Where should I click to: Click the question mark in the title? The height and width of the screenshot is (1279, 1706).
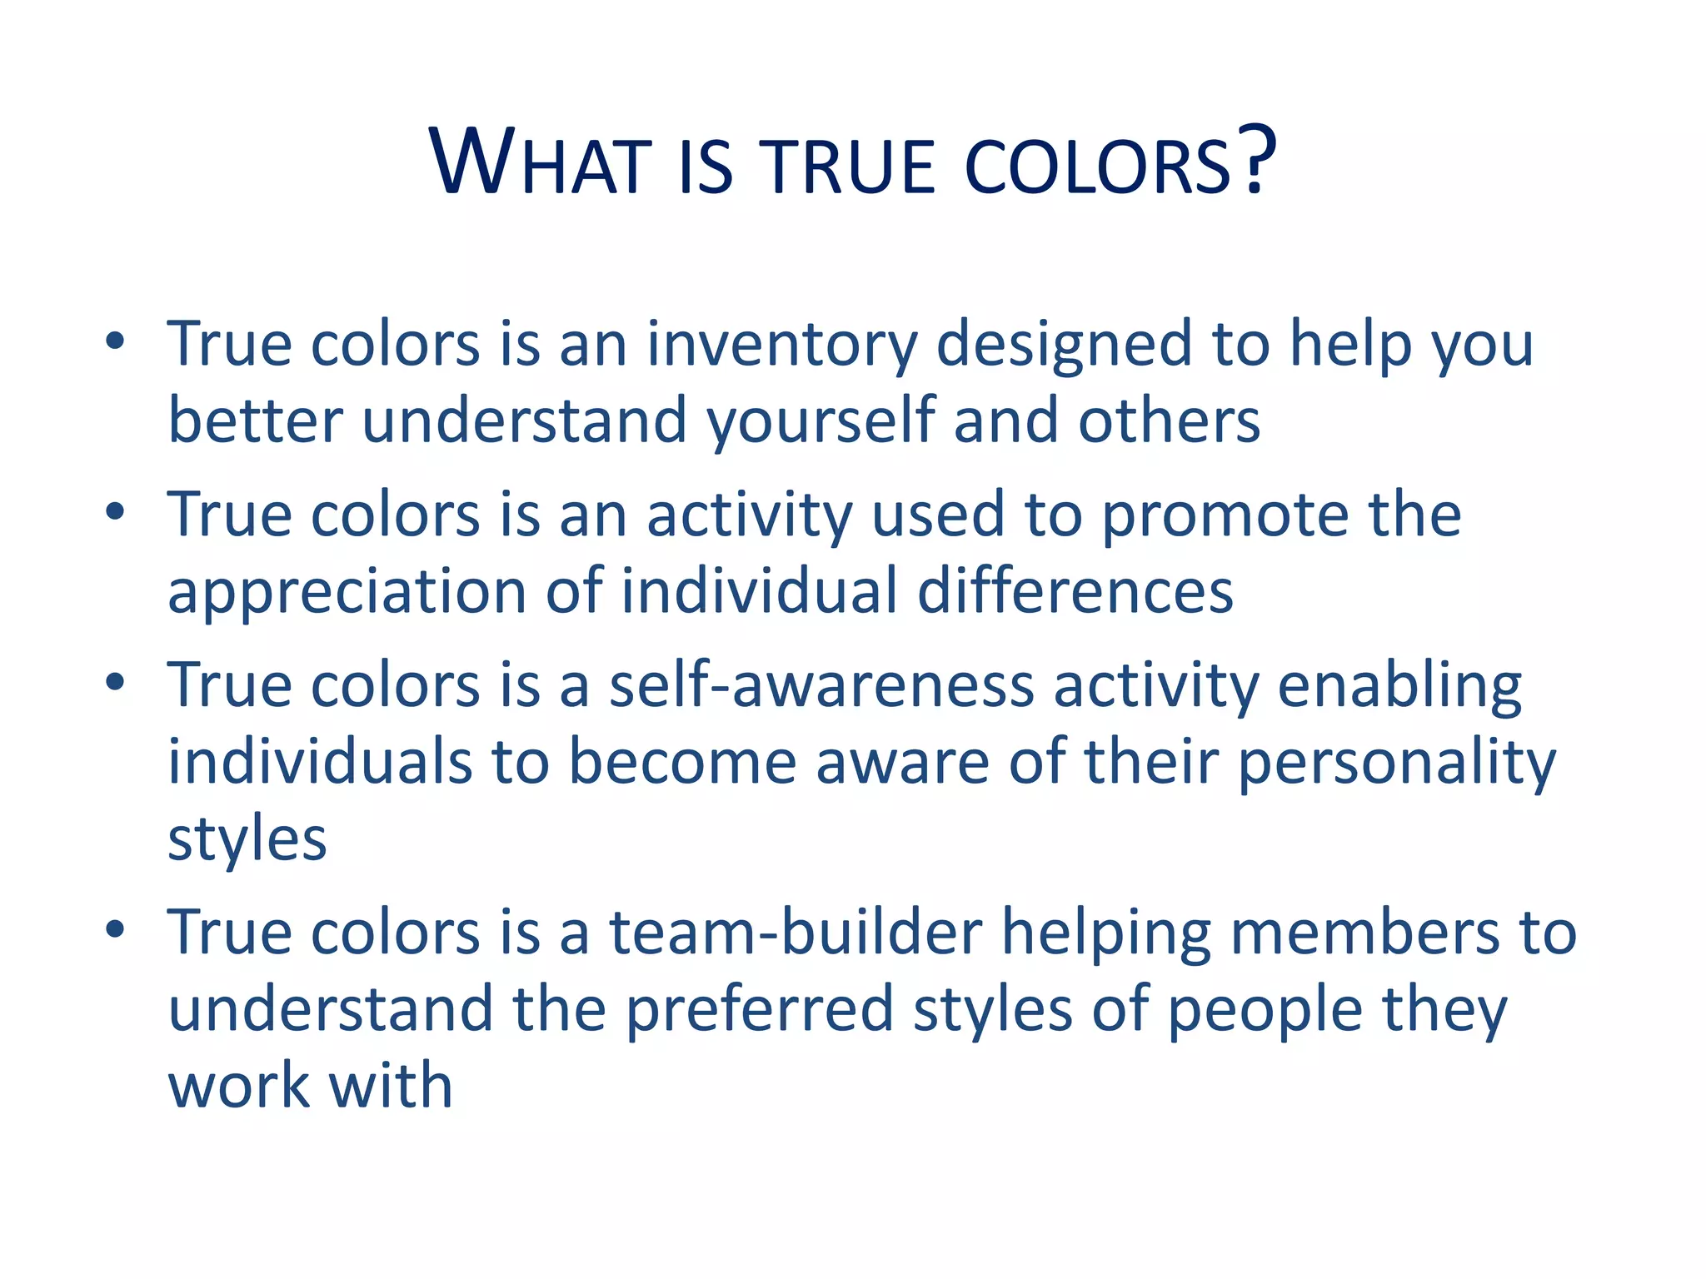(x=1255, y=159)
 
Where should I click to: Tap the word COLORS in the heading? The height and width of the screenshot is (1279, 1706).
(x=1098, y=167)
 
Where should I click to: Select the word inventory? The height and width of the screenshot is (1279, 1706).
(x=781, y=345)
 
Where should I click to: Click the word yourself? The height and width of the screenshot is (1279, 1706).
(x=821, y=421)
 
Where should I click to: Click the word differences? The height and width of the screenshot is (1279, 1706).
(x=1075, y=591)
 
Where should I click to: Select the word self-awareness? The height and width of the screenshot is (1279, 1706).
(x=821, y=685)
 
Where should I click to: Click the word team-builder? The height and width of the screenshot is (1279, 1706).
(x=796, y=932)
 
